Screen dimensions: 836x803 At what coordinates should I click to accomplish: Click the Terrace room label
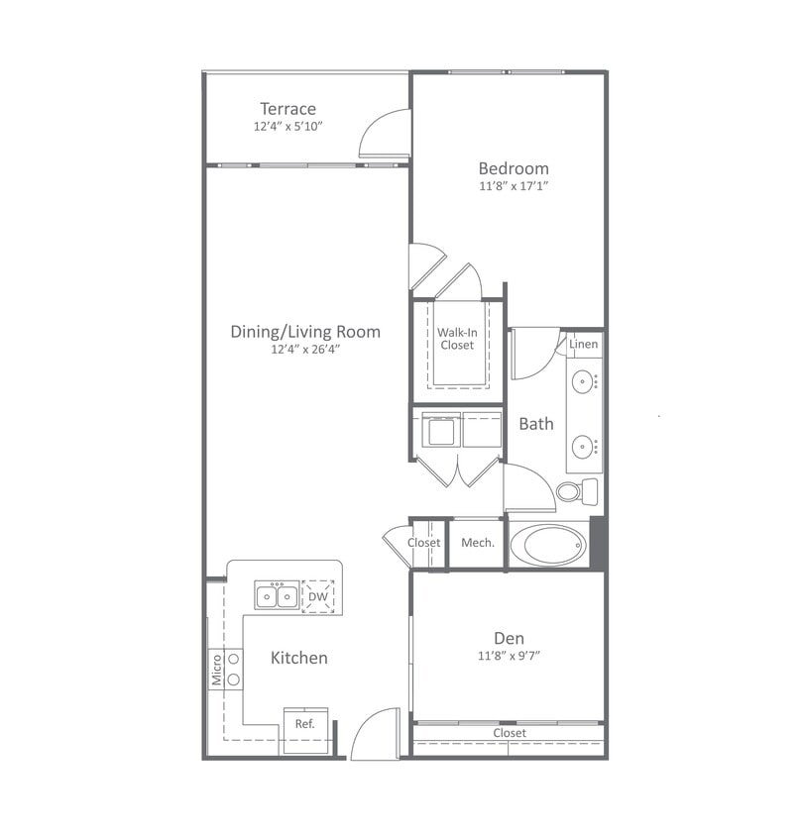(x=287, y=109)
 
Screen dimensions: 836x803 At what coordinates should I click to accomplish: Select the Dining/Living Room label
(x=305, y=332)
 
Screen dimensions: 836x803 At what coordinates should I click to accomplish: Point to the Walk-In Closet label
(x=457, y=339)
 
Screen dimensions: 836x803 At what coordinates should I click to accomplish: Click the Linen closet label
(x=584, y=345)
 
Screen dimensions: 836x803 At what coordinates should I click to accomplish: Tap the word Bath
(x=536, y=424)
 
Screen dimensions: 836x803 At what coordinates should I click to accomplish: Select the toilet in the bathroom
(x=576, y=491)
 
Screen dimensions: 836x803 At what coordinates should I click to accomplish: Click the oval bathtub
(x=548, y=545)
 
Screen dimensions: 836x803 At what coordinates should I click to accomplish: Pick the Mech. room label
(x=477, y=543)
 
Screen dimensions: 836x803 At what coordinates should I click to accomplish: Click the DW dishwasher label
(x=317, y=597)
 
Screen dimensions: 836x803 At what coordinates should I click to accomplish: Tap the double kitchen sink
(x=277, y=596)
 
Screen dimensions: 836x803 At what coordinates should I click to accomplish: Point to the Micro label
(x=216, y=670)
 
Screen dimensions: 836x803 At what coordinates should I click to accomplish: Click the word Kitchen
(x=299, y=658)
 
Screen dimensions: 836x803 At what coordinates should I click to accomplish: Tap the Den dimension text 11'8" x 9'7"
(x=509, y=656)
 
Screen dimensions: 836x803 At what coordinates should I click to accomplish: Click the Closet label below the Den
(x=510, y=733)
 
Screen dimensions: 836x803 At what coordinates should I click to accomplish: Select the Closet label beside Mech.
(x=424, y=543)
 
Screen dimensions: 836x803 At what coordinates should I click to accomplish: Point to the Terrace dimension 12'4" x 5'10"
(x=287, y=127)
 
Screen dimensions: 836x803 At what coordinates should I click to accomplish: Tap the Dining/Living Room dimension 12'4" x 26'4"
(x=305, y=349)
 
